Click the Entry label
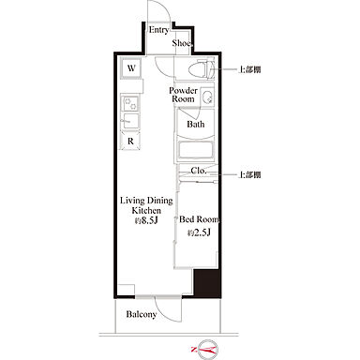coord(158,30)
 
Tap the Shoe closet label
coord(182,43)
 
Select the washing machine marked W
coord(131,68)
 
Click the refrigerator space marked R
coord(130,142)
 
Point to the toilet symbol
coord(202,69)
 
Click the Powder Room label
coord(184,95)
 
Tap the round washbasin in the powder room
coord(206,97)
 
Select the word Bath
coord(196,125)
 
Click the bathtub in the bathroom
coord(196,151)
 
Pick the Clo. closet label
coord(199,171)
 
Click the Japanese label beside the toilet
coord(249,69)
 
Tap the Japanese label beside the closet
coord(249,174)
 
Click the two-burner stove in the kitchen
coord(130,103)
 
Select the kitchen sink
coord(130,120)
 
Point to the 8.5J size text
coord(146,220)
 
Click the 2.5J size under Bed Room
coord(199,232)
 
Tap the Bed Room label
coord(200,219)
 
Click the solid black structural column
coord(206,282)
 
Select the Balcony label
coord(142,314)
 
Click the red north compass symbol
coord(204,349)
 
